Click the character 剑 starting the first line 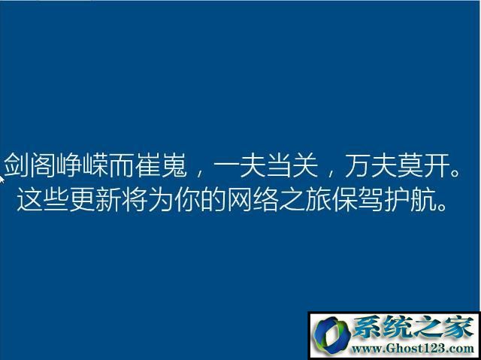point(17,165)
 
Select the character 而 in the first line point(122,165)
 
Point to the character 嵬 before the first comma point(174,165)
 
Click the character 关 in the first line point(305,165)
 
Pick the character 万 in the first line point(358,165)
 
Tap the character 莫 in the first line point(410,165)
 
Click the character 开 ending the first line point(437,165)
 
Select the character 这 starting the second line point(29,199)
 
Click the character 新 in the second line point(108,199)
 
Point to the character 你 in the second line point(187,199)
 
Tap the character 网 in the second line point(240,199)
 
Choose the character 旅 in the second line point(318,199)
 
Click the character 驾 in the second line point(371,199)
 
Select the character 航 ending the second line point(423,199)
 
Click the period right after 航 point(442,207)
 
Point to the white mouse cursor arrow point(2,180)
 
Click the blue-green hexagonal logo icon point(331,335)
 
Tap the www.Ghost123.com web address point(413,349)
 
